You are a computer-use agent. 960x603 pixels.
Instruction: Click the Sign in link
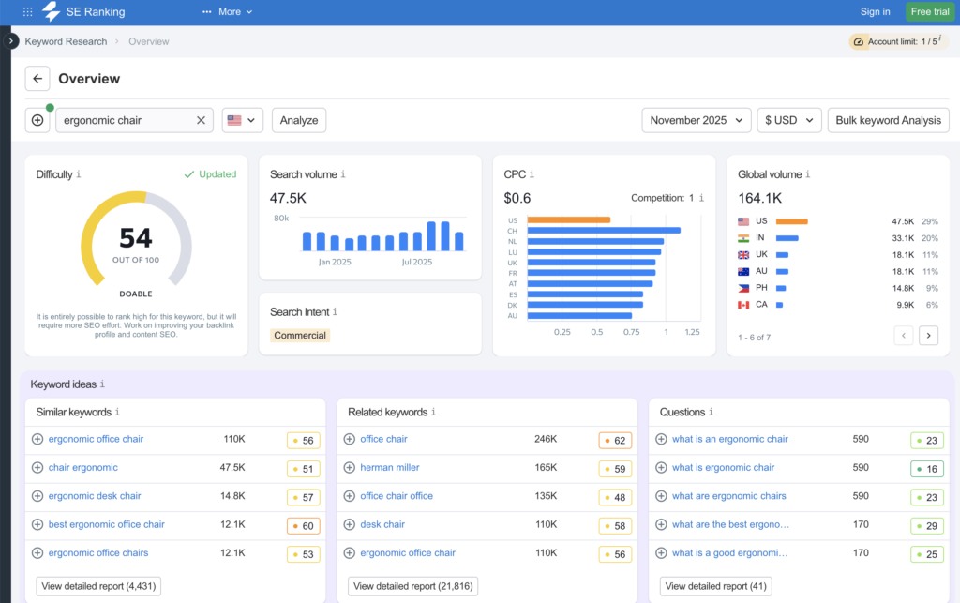click(875, 12)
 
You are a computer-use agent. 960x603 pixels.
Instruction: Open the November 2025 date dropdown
click(696, 120)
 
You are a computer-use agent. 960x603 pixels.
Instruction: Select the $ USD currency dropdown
click(788, 120)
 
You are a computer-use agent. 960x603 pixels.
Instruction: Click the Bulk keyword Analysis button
click(888, 120)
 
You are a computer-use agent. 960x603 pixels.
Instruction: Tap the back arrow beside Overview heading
click(37, 79)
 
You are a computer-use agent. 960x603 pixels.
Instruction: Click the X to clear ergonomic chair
click(201, 120)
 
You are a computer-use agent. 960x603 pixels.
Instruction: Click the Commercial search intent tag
click(300, 335)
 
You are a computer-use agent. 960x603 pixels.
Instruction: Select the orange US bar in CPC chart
click(568, 220)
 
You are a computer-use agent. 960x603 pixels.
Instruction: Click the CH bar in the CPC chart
click(603, 230)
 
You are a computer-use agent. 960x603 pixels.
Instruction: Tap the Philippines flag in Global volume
click(743, 288)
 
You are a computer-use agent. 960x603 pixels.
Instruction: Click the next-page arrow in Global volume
click(928, 335)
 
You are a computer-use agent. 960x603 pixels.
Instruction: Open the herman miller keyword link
click(390, 467)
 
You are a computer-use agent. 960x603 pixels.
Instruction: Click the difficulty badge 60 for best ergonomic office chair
click(303, 525)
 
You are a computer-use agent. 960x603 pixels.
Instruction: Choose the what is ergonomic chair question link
click(723, 467)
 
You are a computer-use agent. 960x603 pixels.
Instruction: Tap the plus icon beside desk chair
click(350, 524)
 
